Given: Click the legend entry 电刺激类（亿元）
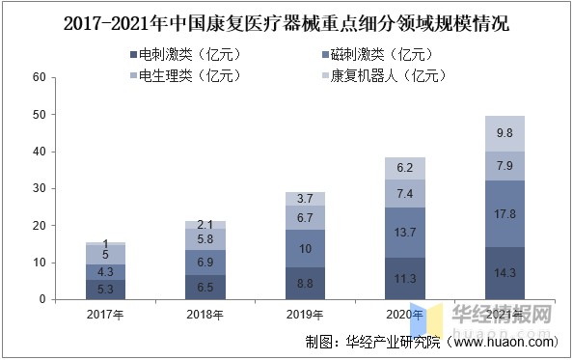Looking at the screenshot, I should pyautogui.click(x=182, y=54).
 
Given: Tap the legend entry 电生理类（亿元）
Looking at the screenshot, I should pyautogui.click(x=182, y=74).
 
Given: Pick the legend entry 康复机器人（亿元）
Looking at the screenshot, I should pyautogui.click(x=380, y=74).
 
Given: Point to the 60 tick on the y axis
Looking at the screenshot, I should pyautogui.click(x=39, y=78).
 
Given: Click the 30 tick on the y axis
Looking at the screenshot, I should pyautogui.click(x=39, y=189).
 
